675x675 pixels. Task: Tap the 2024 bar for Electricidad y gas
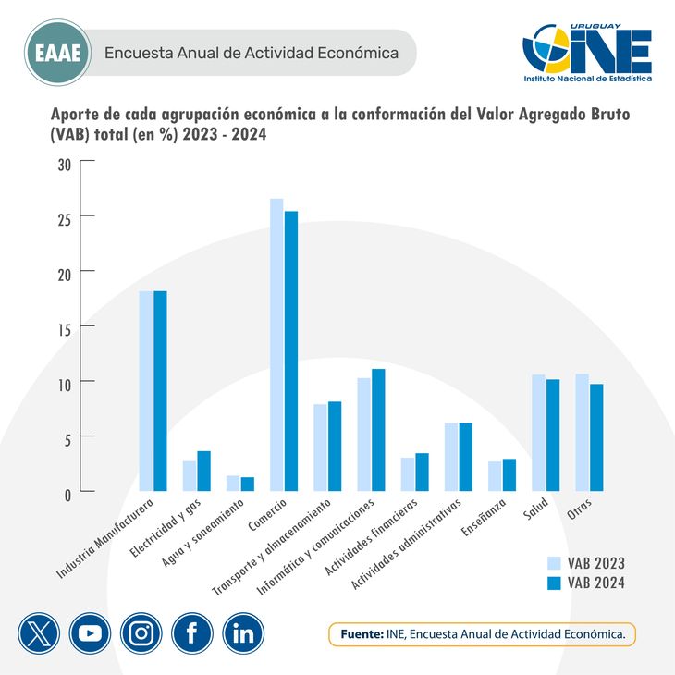[x=204, y=472]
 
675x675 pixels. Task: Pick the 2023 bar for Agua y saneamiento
[x=233, y=484]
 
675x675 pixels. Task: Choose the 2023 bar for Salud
[x=539, y=433]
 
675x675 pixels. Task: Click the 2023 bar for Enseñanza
[x=495, y=476]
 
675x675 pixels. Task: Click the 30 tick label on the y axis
[x=63, y=165]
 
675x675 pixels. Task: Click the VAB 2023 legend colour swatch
[x=555, y=562]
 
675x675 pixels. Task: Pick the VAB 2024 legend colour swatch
[x=555, y=583]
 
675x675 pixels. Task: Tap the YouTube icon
[x=90, y=633]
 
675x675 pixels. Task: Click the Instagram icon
[x=141, y=633]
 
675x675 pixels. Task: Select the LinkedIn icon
[x=243, y=633]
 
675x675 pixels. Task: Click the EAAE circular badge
[x=57, y=53]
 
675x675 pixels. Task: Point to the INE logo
[x=586, y=54]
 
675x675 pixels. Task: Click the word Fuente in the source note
[x=362, y=634]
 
